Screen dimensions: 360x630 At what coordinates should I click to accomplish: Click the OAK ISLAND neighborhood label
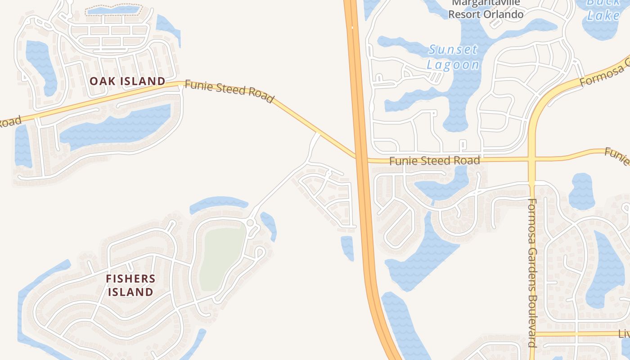point(127,81)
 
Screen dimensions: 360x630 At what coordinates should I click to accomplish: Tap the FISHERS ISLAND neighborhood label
point(130,285)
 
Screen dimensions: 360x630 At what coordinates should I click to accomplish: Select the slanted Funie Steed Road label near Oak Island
point(229,91)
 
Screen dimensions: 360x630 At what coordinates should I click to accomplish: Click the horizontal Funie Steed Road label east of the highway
point(434,161)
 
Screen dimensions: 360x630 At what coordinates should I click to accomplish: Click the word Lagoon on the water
point(453,65)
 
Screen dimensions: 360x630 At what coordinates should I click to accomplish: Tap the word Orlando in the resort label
point(504,14)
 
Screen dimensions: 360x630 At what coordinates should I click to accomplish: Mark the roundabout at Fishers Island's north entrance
point(250,223)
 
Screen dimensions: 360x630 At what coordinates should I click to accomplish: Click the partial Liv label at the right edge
point(624,334)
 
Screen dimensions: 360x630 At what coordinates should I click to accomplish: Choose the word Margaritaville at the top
point(486,3)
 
